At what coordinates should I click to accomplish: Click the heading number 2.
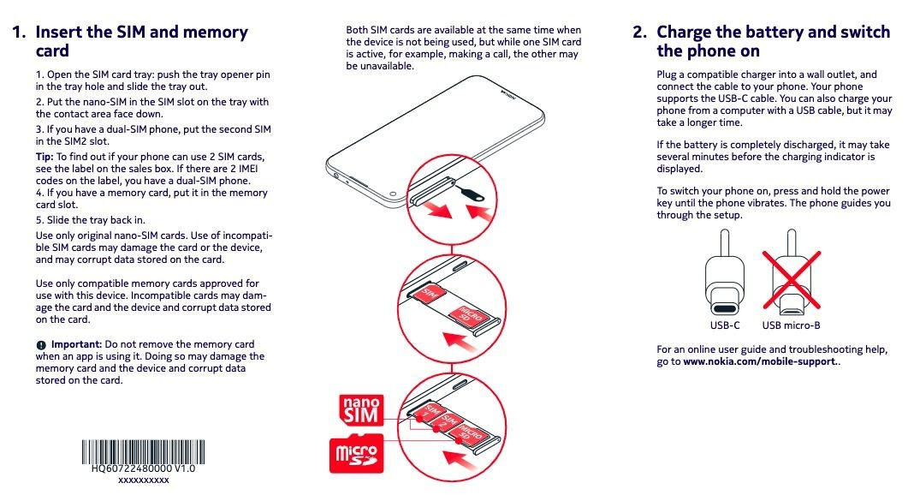point(640,33)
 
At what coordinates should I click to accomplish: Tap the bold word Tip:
point(45,157)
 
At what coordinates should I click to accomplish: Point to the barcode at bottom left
point(143,451)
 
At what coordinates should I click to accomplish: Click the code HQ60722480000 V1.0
point(144,469)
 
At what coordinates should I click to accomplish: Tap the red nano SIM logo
point(360,410)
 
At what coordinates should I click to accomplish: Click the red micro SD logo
point(355,454)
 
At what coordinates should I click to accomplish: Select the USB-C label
point(725,325)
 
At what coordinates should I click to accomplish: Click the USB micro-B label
point(792,325)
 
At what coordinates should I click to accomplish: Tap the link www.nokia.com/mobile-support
point(760,361)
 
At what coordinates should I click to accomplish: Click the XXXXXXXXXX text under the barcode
point(144,480)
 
